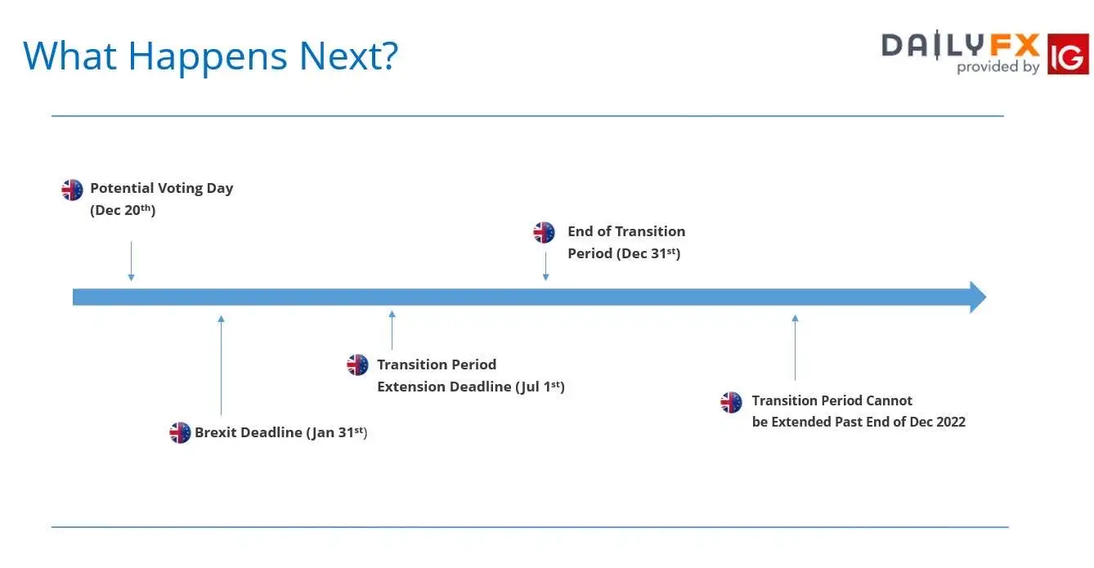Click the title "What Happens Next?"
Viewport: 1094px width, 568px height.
(210, 56)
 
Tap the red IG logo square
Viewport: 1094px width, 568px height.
(1068, 54)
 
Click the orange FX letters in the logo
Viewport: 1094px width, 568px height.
(1015, 46)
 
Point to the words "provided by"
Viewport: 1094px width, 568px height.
(998, 66)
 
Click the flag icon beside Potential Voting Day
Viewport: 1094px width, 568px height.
(72, 190)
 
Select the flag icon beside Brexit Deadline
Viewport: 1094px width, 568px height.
(180, 432)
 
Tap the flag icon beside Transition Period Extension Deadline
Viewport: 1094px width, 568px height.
(357, 365)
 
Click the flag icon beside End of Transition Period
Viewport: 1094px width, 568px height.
(544, 232)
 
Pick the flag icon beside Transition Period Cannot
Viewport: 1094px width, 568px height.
(731, 403)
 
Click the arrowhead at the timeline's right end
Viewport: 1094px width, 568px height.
(978, 297)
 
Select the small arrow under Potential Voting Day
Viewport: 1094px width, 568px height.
(131, 261)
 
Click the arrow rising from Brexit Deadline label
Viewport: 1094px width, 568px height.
(222, 365)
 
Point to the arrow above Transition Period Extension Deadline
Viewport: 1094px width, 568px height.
(392, 330)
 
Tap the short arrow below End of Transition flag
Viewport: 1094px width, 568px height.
(545, 266)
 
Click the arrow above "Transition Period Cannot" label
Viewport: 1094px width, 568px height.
(795, 347)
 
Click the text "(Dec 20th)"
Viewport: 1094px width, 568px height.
(123, 210)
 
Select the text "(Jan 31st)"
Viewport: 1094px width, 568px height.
(337, 432)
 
